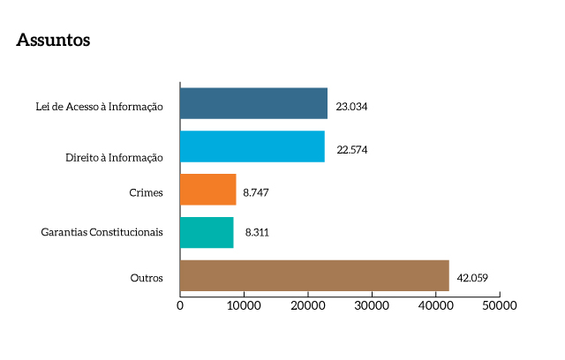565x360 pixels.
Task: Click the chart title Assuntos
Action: pos(53,41)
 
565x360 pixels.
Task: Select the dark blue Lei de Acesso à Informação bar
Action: pos(253,103)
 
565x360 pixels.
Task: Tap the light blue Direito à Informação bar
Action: pos(252,146)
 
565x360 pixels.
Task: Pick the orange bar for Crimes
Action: pos(207,190)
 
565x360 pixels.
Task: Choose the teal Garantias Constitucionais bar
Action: pos(207,233)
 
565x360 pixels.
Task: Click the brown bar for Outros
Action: pos(314,275)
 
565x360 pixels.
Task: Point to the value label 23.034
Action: pos(351,106)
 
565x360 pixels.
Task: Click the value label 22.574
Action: pos(352,149)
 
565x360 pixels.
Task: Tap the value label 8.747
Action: pos(257,191)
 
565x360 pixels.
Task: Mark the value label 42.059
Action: pos(472,278)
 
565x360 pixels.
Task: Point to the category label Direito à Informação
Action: pos(115,157)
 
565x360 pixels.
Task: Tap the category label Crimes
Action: pos(147,192)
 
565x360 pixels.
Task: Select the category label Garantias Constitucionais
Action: pos(102,233)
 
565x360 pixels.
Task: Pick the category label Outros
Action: pos(147,278)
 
